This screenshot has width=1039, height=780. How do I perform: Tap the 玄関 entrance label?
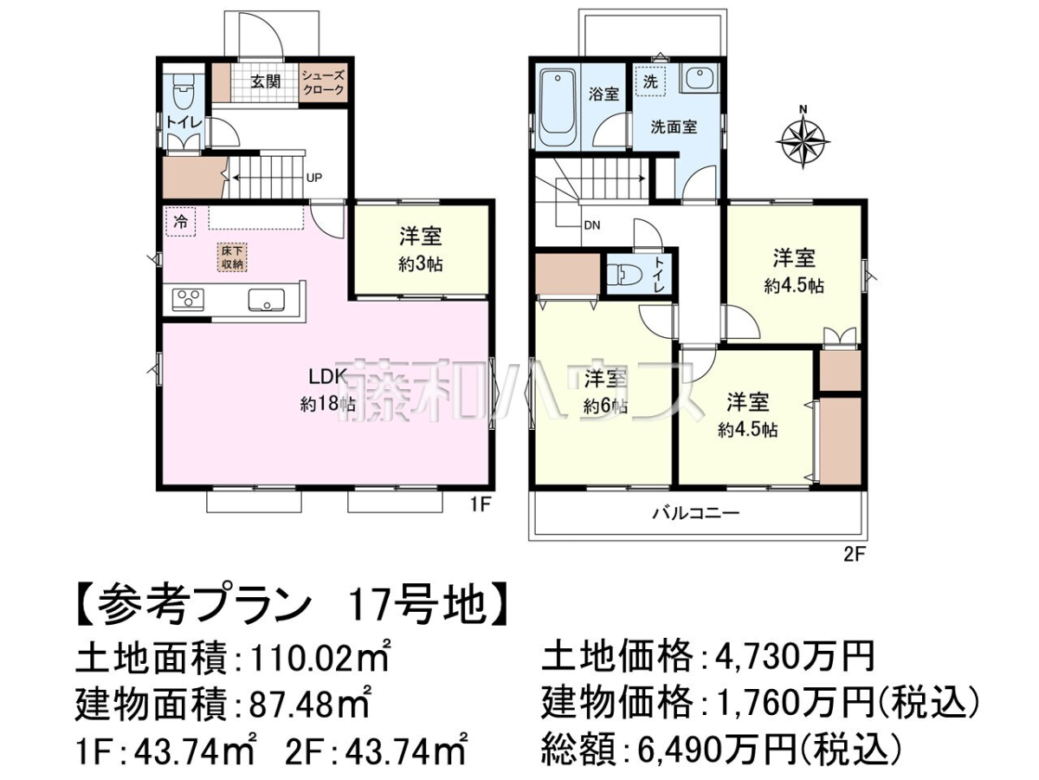point(266,82)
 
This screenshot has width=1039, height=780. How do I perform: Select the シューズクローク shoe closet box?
point(323,82)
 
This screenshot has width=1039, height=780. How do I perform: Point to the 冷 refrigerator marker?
point(180,221)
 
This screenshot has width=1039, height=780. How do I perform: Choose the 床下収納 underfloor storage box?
point(232,257)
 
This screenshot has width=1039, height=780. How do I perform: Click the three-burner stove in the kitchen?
point(188,300)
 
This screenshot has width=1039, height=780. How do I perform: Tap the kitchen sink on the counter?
point(267,300)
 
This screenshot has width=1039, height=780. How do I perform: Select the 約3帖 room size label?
point(420,264)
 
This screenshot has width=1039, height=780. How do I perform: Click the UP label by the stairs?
point(313,178)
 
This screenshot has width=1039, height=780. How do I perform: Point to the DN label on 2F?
point(591,225)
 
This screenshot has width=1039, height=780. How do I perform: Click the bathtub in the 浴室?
point(557,108)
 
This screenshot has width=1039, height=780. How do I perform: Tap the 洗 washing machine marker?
point(650,82)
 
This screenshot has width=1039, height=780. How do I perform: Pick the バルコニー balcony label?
point(696,512)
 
